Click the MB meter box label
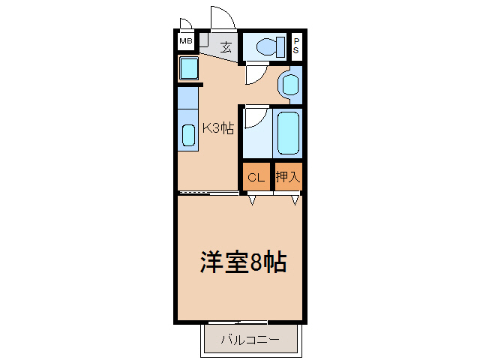(185, 41)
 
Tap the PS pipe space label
(296, 45)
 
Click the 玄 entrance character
(225, 46)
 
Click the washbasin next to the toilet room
(289, 84)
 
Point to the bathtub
(286, 133)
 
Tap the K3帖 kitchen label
(218, 128)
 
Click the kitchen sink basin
(188, 135)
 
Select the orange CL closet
(256, 177)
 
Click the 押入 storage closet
(287, 177)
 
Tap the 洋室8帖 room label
(241, 262)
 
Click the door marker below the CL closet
(253, 199)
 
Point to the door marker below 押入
(295, 199)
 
